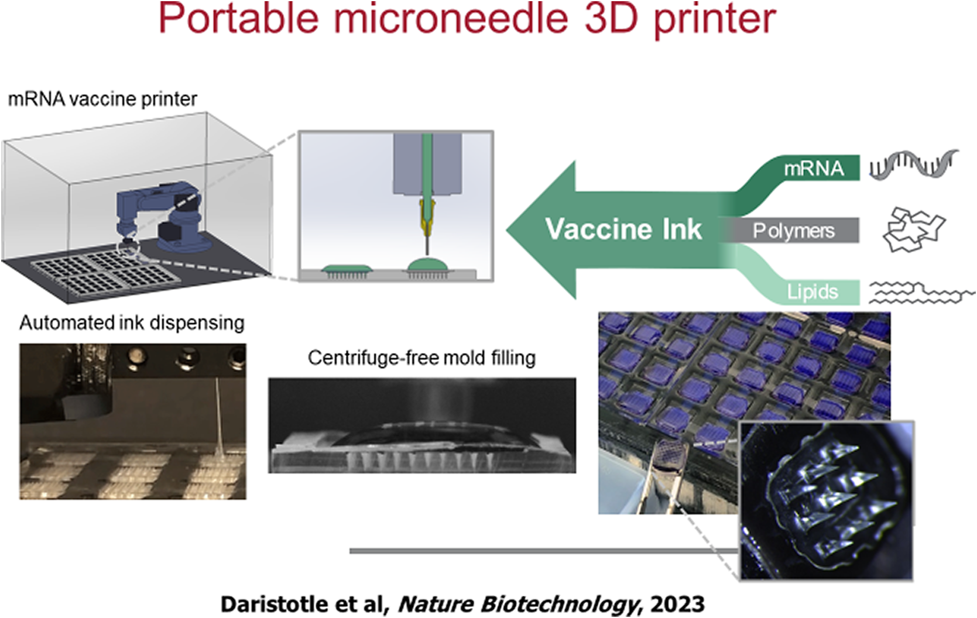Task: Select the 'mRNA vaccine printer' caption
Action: pyautogui.click(x=102, y=99)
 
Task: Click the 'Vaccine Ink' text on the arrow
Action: pyautogui.click(x=623, y=229)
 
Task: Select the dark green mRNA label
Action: pyautogui.click(x=814, y=169)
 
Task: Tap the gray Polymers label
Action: pyautogui.click(x=794, y=231)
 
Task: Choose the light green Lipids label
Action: pyautogui.click(x=813, y=292)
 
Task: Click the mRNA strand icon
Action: pyautogui.click(x=914, y=164)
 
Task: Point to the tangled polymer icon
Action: pyautogui.click(x=914, y=229)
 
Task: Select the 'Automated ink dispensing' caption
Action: pyautogui.click(x=132, y=324)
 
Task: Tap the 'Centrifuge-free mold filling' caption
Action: pyautogui.click(x=422, y=358)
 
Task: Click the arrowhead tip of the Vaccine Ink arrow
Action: pyautogui.click(x=508, y=229)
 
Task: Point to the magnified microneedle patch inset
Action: pyautogui.click(x=827, y=501)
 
